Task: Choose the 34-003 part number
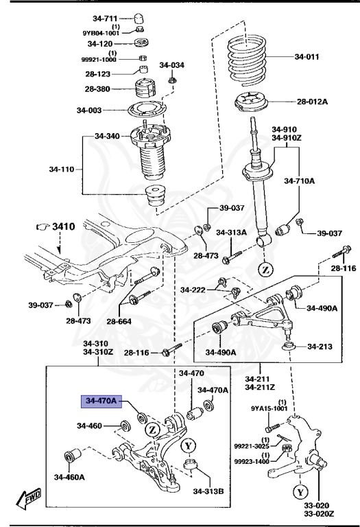pyautogui.click(x=89, y=110)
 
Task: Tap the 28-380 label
pyautogui.click(x=99, y=89)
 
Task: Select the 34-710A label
pyautogui.click(x=300, y=181)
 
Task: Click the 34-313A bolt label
pyautogui.click(x=231, y=233)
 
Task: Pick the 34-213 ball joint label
pyautogui.click(x=320, y=346)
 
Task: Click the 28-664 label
pyautogui.click(x=119, y=321)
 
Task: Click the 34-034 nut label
pyautogui.click(x=172, y=65)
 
